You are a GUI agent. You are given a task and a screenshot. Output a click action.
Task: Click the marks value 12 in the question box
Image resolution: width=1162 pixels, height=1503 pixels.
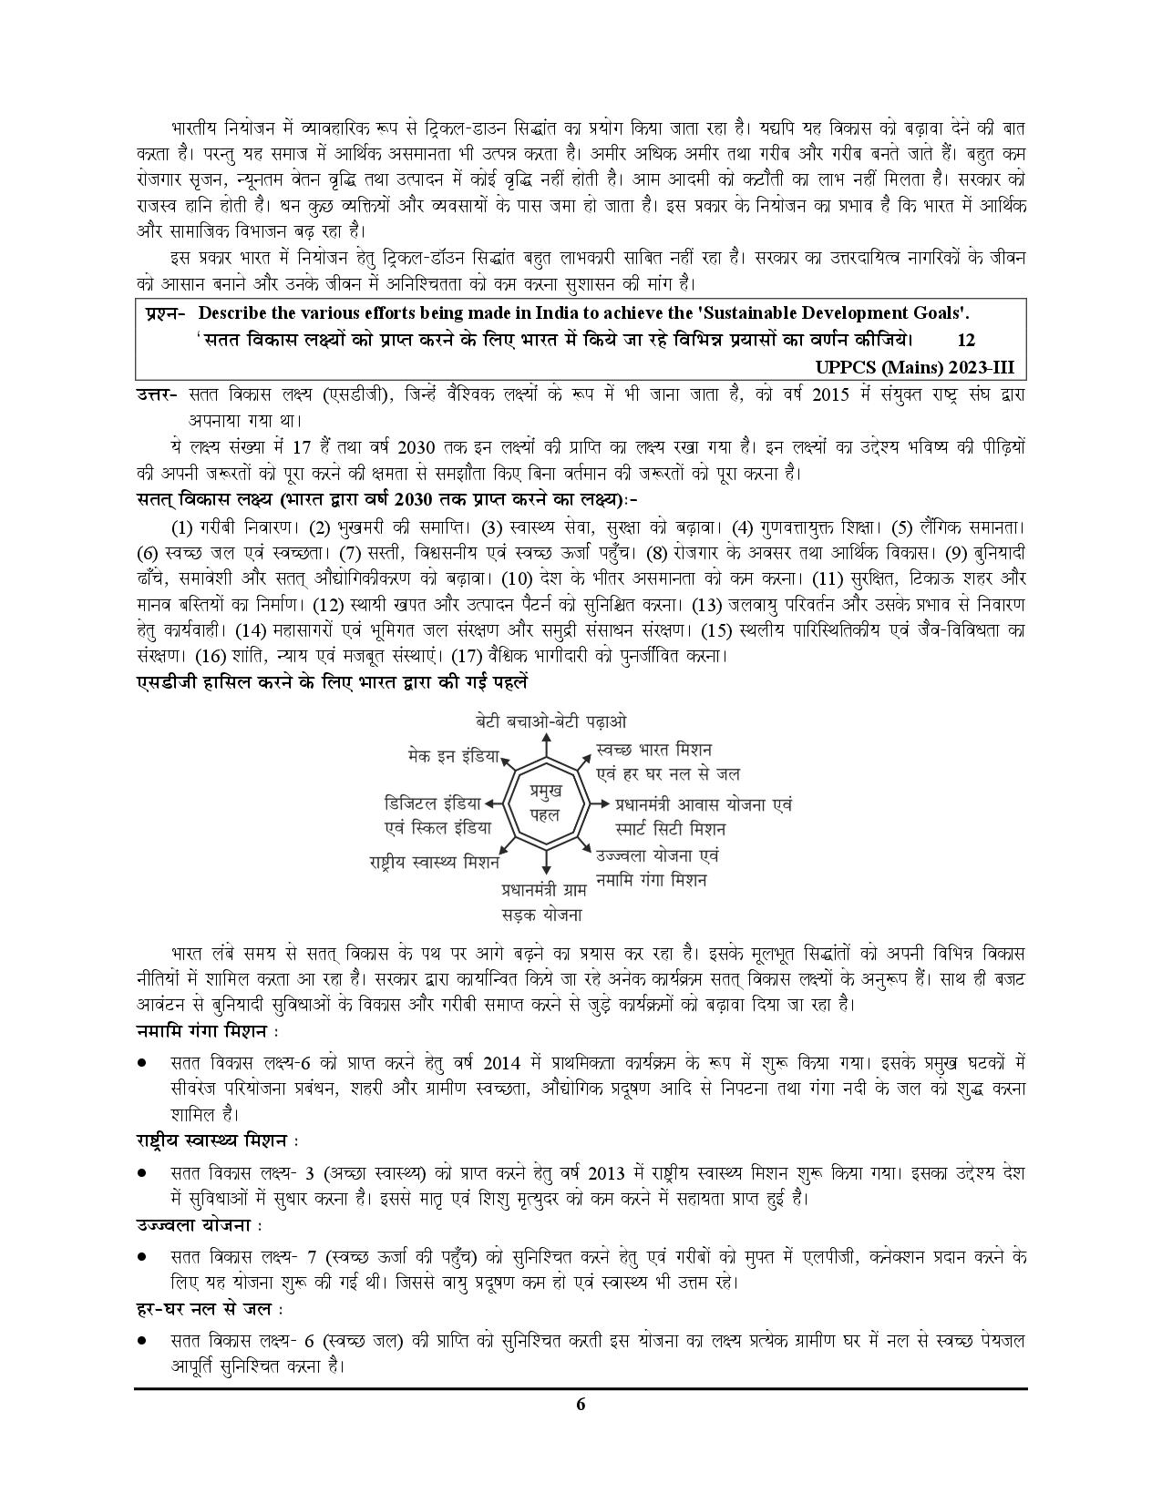[x=966, y=340]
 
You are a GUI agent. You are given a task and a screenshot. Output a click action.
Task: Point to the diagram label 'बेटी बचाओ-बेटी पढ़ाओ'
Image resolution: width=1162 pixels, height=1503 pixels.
[x=551, y=721]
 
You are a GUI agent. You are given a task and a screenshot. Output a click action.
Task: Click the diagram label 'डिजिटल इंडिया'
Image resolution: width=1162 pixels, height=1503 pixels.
[x=432, y=803]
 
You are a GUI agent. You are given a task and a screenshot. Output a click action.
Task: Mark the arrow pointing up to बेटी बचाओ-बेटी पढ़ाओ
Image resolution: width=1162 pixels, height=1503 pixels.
[x=545, y=742]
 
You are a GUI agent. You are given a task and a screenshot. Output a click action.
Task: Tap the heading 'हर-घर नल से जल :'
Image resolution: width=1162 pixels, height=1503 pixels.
[x=208, y=1309]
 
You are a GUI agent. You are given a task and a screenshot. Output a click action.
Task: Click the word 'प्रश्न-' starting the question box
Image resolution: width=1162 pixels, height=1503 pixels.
[x=165, y=313]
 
